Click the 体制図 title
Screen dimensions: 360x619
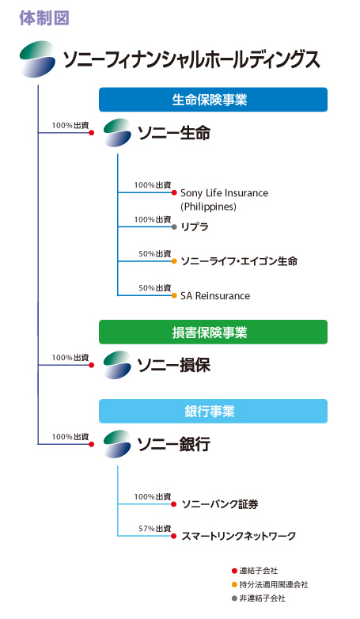(x=44, y=18)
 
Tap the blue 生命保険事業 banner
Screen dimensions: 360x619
(x=213, y=100)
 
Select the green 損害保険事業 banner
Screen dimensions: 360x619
(x=213, y=332)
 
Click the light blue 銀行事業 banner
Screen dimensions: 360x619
(x=213, y=411)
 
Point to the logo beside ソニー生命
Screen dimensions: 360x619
(x=117, y=133)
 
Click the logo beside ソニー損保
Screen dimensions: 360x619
(x=117, y=365)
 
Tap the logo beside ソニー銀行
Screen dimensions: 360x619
(x=117, y=444)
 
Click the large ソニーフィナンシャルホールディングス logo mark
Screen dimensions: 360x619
(x=37, y=59)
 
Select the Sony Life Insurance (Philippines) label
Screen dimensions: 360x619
(x=224, y=199)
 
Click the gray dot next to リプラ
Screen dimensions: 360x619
(x=174, y=227)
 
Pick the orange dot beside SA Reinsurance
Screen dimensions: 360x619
(x=174, y=296)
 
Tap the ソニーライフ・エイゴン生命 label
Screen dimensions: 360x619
(x=239, y=261)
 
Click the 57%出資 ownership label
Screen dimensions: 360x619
(x=155, y=529)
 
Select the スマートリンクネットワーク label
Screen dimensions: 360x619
(x=238, y=536)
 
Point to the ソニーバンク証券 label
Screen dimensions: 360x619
(x=220, y=504)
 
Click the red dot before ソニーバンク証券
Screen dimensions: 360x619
(x=174, y=504)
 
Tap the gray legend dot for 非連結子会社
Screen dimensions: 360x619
(x=234, y=598)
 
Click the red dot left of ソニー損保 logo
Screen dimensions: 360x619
(x=92, y=365)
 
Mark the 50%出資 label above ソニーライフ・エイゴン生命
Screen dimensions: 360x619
(x=155, y=254)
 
